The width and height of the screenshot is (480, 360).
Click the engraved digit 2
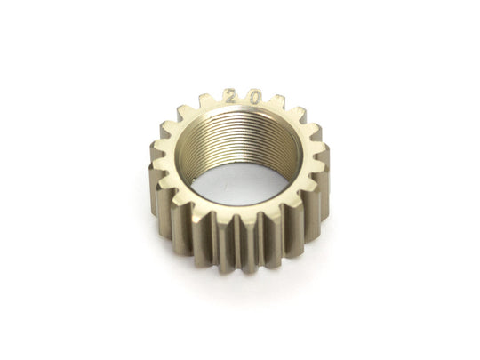tap(228, 96)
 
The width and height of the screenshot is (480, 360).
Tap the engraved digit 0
tap(253, 98)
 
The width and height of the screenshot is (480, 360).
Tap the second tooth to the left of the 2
tap(184, 113)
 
